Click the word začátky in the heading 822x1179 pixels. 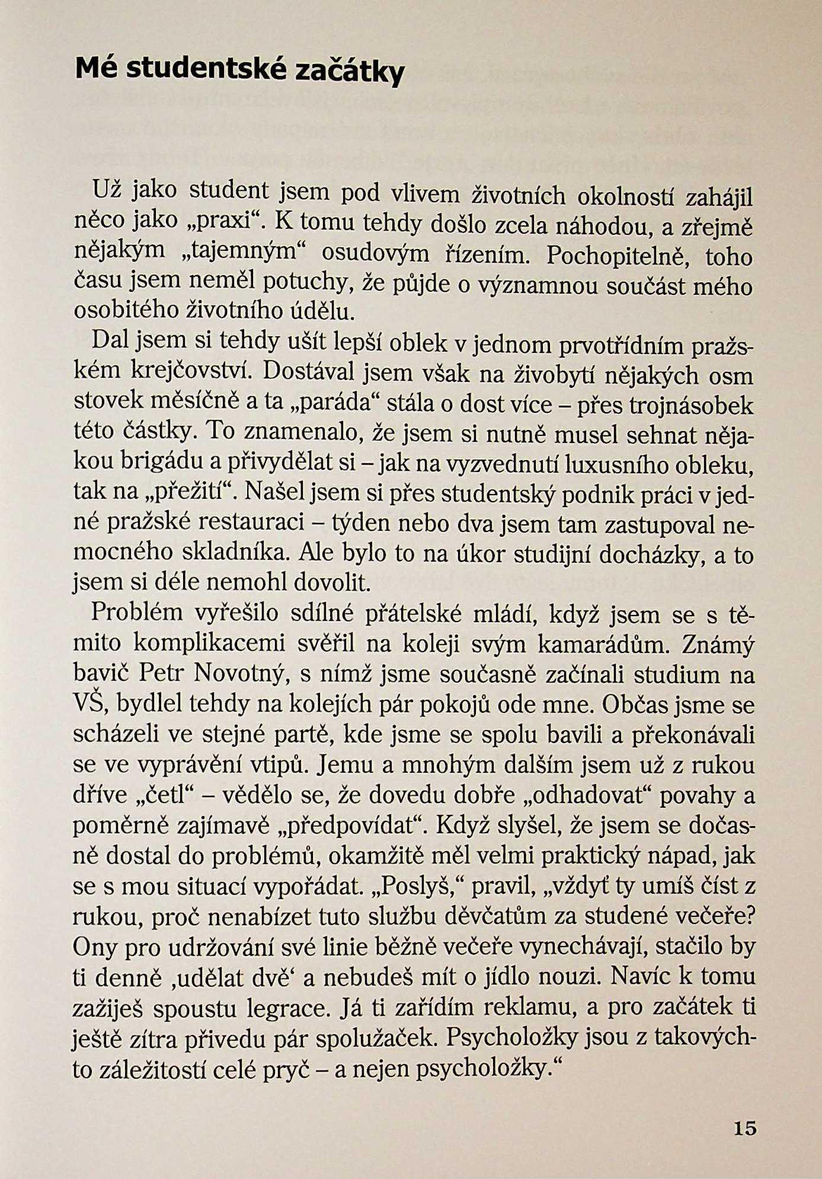[350, 71]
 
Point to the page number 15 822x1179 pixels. [745, 1127]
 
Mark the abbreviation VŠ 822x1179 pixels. [88, 703]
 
